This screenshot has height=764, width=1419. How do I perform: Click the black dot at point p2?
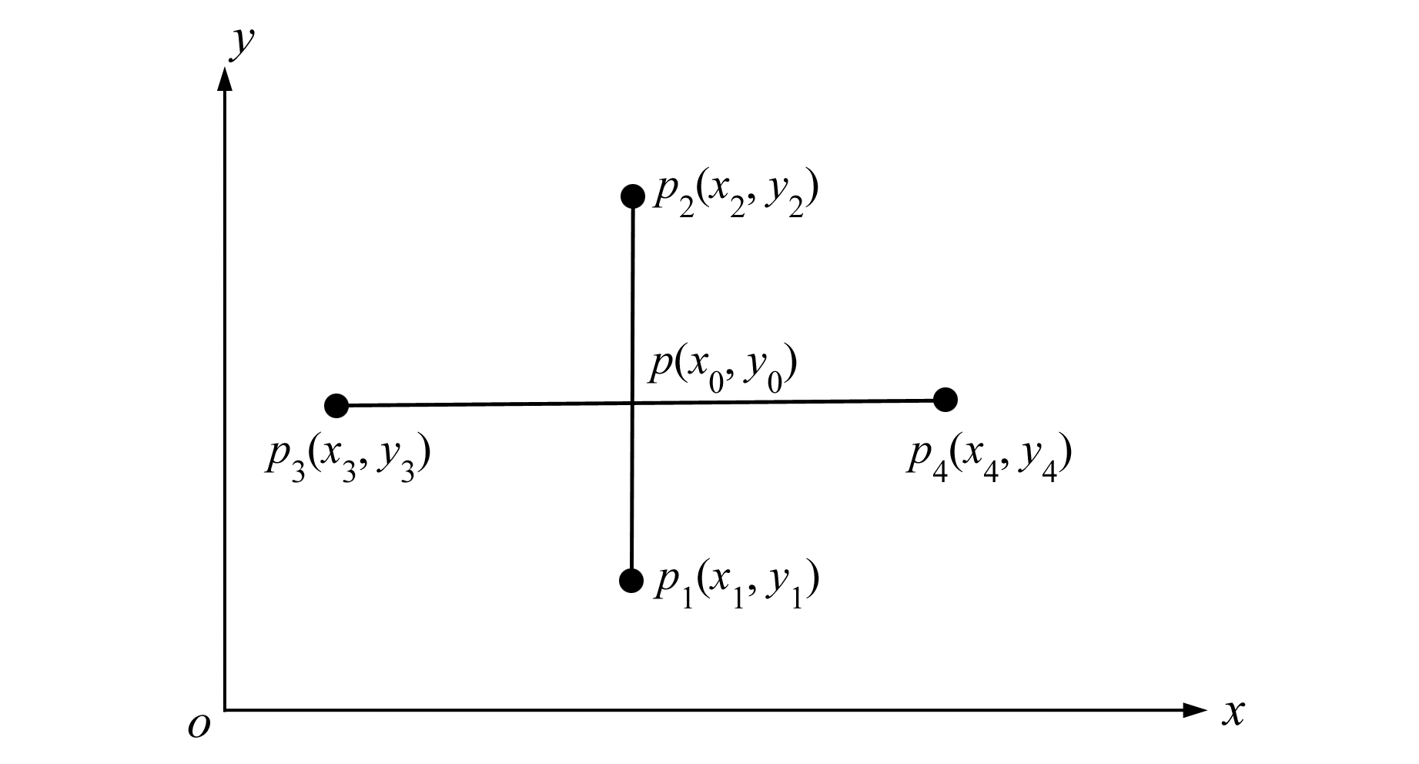633,196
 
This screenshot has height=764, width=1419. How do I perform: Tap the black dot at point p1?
631,580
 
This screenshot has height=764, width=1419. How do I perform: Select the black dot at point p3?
336,405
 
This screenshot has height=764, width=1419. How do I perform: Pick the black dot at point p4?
945,400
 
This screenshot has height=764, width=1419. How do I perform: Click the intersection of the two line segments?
632,403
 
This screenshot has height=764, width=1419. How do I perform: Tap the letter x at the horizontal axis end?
1233,713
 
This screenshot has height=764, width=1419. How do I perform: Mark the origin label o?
199,725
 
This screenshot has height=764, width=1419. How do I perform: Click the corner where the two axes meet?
225,709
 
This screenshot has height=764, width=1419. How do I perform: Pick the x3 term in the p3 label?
340,461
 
